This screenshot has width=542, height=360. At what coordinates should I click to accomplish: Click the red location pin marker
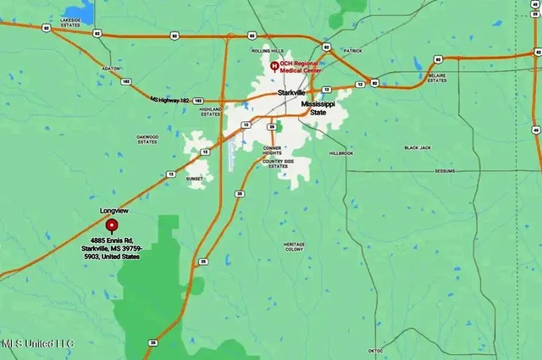coord(111,224)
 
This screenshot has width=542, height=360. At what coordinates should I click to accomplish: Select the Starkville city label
coord(290,92)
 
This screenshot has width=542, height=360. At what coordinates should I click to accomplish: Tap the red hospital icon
coord(273,66)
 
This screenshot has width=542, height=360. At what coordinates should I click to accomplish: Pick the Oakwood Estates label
coord(147,139)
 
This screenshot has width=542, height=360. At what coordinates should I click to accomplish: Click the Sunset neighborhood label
coord(195,180)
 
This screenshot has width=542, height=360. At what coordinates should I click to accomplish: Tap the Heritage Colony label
coord(294,246)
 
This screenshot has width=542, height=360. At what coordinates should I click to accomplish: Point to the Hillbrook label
coord(340,153)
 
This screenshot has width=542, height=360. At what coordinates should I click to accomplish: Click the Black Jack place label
coord(418,147)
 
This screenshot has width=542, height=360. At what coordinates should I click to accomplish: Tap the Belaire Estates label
coord(437,79)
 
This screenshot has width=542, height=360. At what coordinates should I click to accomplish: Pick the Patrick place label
coord(353,51)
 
